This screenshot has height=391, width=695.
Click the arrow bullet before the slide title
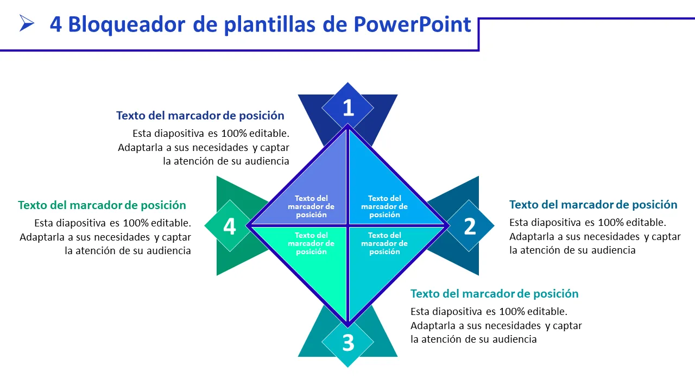26,23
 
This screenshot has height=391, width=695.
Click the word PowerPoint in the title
412,24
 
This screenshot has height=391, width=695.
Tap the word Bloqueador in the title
127,25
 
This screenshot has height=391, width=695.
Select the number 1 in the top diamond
349,108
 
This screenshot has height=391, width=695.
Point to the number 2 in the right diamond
470,226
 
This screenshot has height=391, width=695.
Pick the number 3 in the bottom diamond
348,343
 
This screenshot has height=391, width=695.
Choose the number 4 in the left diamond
230,226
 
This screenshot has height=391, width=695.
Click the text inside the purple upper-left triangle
311,206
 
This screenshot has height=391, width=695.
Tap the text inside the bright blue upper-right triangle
384,206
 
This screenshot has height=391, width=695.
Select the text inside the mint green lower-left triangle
311,243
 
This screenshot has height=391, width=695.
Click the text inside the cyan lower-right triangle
384,243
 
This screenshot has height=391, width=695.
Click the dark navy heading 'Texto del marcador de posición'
200,116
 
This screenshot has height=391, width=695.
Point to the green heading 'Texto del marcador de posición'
102,205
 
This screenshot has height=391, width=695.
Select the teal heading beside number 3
495,294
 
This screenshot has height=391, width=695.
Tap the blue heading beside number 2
593,205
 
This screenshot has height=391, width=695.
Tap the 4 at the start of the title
56,24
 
